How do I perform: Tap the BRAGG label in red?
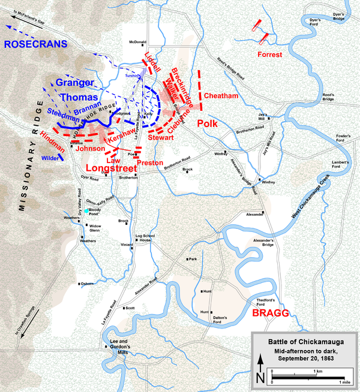click(x=271, y=313)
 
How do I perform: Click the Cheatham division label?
click(x=222, y=96)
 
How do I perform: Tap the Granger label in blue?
click(x=75, y=83)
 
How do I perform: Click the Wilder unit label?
click(x=50, y=158)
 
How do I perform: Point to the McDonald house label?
click(x=137, y=42)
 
